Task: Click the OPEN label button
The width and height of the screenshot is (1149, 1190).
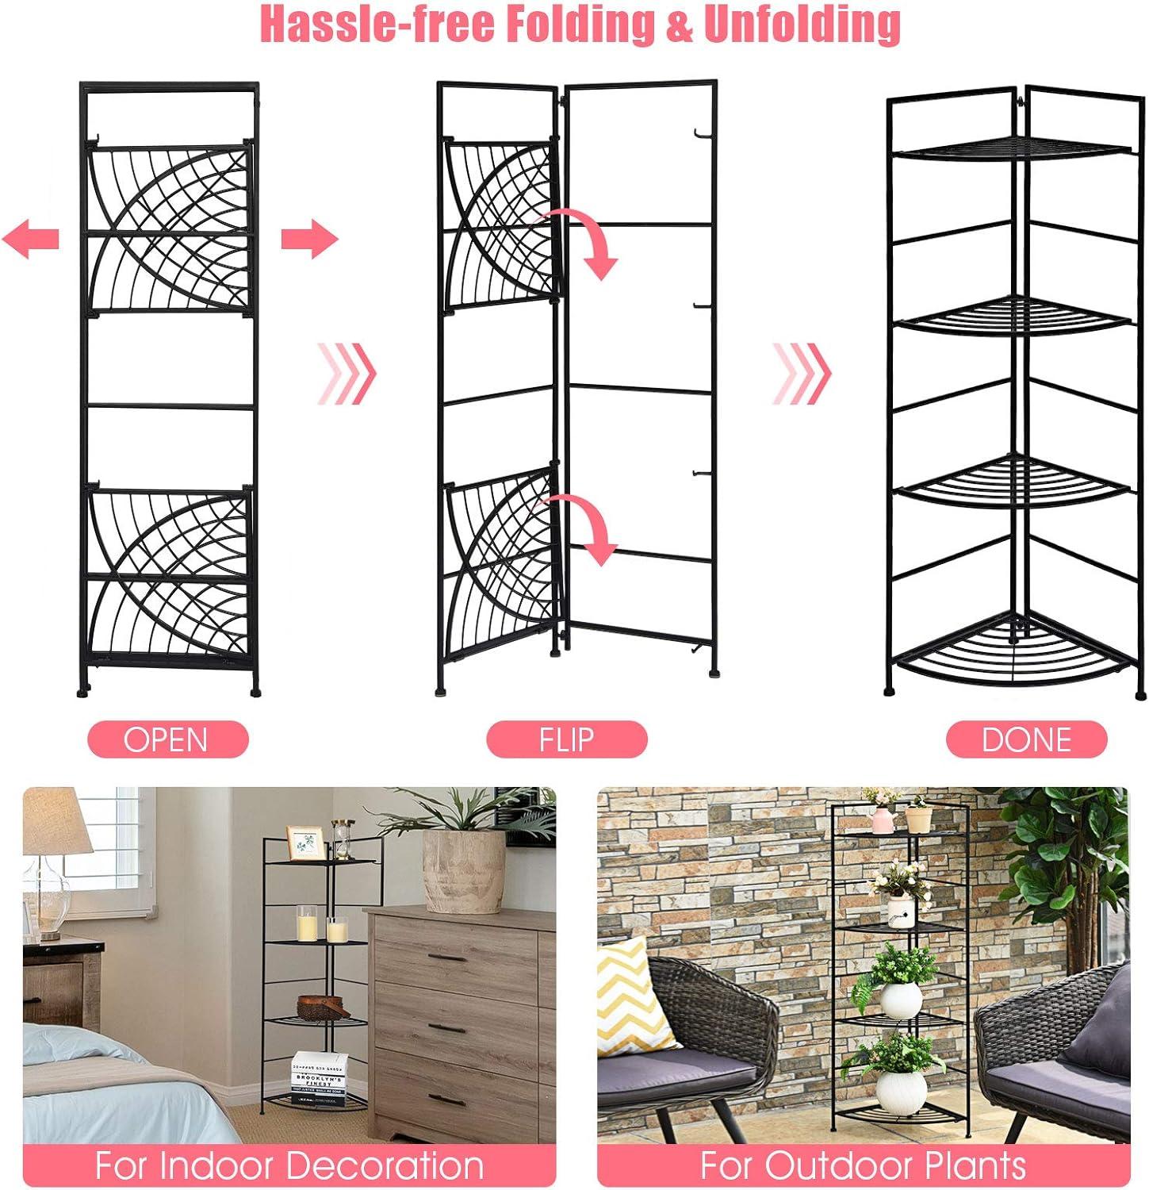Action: [168, 739]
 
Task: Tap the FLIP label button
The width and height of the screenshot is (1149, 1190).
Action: [567, 739]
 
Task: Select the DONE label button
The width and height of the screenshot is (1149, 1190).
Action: [1027, 739]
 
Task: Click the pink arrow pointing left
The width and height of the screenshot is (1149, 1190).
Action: [31, 238]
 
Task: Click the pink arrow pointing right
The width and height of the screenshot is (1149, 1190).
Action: [310, 238]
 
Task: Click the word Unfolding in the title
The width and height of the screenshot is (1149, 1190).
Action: [802, 24]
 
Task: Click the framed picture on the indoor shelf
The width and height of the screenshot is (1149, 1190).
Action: [305, 843]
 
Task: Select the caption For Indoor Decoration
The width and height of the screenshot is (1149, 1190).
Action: [289, 1166]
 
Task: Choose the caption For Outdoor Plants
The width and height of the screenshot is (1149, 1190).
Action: [863, 1166]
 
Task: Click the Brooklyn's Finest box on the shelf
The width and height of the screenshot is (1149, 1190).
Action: [318, 1077]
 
